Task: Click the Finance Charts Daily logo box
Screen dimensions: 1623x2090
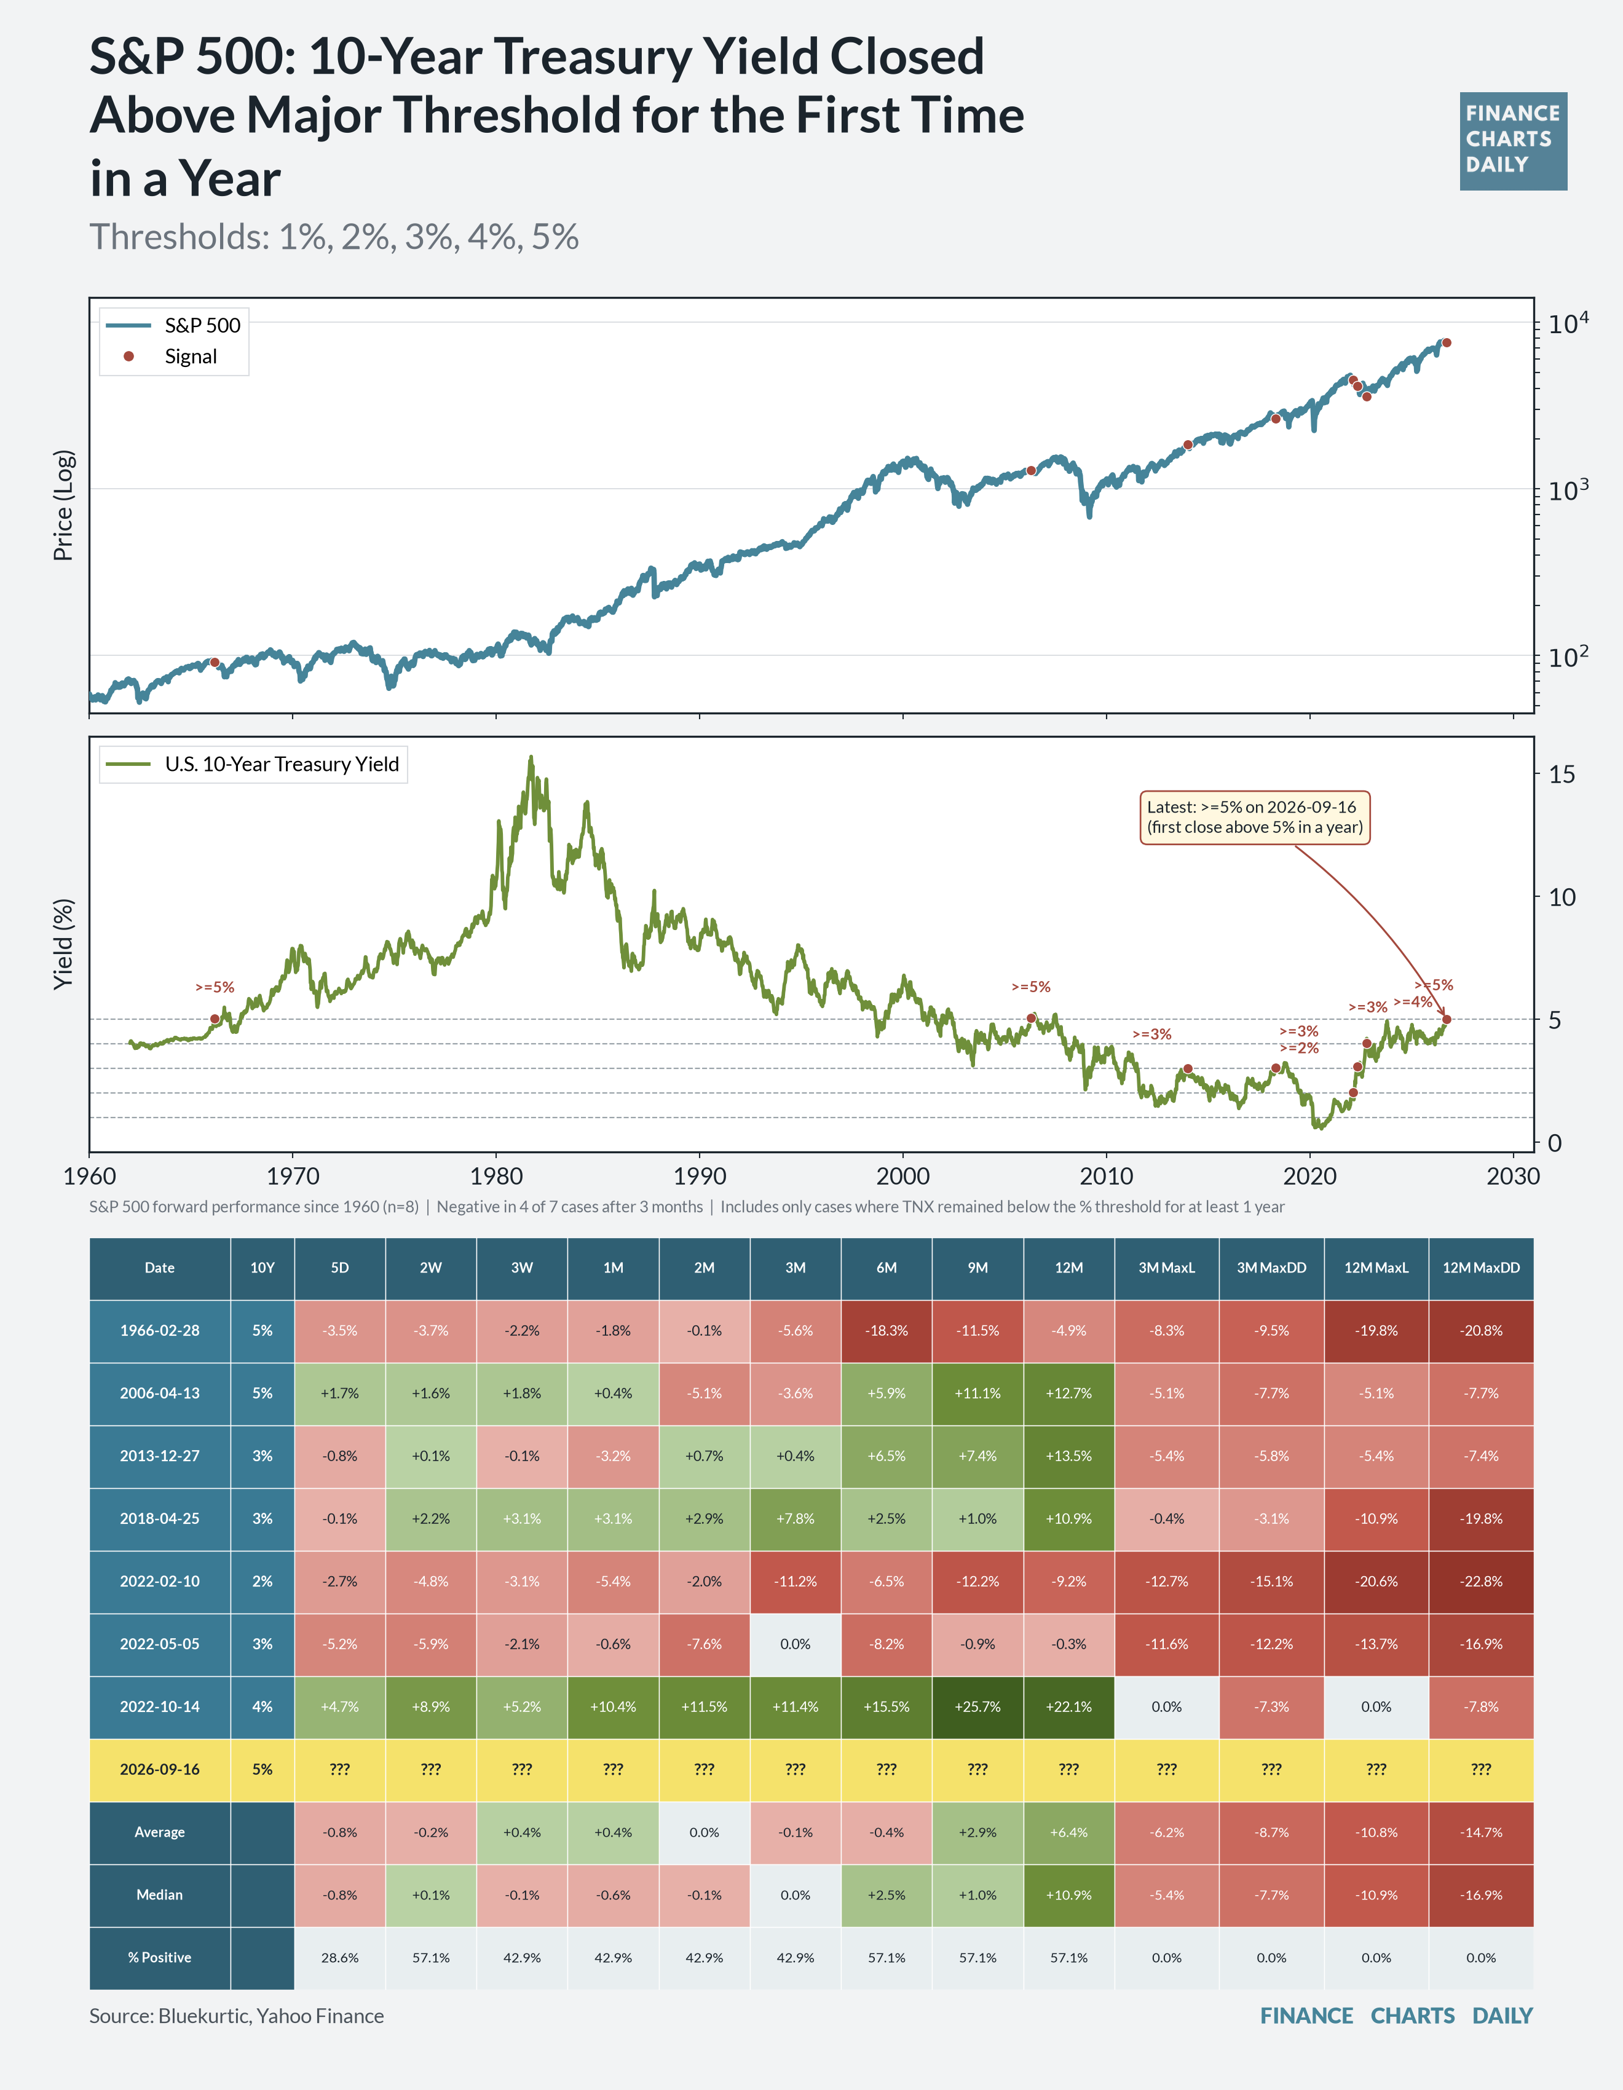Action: (x=1513, y=141)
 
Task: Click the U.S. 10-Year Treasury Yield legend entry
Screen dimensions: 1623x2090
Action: (x=253, y=763)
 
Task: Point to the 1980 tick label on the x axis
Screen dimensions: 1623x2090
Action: (x=496, y=1176)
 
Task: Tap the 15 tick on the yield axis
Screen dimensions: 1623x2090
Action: (x=1561, y=774)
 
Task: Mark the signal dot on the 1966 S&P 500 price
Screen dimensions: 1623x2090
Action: (x=215, y=662)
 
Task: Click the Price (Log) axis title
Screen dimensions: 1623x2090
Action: (x=63, y=505)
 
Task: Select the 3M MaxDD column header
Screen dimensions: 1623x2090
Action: (x=1271, y=1268)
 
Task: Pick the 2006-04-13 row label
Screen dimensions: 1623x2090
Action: (x=160, y=1394)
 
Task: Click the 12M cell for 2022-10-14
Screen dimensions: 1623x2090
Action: (x=1069, y=1706)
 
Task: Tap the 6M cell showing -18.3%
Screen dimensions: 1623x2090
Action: (x=886, y=1330)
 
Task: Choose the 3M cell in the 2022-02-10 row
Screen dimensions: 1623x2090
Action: (x=796, y=1581)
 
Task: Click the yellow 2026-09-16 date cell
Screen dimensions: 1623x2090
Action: (x=160, y=1769)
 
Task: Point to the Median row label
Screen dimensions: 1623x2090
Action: (x=160, y=1895)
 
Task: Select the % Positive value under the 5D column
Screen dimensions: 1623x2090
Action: (x=340, y=1958)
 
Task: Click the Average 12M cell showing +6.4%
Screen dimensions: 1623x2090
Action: (x=1069, y=1832)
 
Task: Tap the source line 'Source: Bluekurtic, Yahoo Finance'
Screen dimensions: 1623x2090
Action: (x=236, y=2016)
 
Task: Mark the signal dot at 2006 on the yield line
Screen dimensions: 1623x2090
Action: (x=1030, y=1018)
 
